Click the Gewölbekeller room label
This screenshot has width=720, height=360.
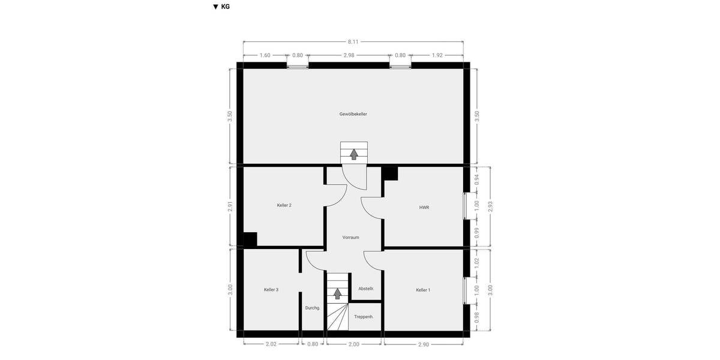point(353,114)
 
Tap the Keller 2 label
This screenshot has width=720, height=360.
point(284,205)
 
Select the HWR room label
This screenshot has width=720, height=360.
point(424,208)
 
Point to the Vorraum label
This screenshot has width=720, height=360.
point(350,238)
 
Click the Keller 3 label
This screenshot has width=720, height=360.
point(271,290)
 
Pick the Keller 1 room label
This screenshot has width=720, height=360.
point(423,290)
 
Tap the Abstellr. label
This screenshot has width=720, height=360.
point(366,289)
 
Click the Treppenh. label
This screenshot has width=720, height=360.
point(364,317)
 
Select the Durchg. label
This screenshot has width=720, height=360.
point(313,308)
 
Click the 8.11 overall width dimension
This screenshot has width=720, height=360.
point(353,42)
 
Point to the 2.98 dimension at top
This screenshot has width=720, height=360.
point(349,55)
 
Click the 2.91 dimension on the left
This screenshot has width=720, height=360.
point(230,206)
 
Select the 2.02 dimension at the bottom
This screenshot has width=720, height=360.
point(271,344)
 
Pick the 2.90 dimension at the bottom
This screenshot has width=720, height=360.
point(424,344)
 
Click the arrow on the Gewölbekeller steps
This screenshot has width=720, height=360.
point(354,154)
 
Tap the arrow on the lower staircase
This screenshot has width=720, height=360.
point(337,293)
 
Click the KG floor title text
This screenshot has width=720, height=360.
point(226,7)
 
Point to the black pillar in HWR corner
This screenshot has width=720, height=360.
point(390,173)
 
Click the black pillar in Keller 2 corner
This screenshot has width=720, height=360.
point(250,239)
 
